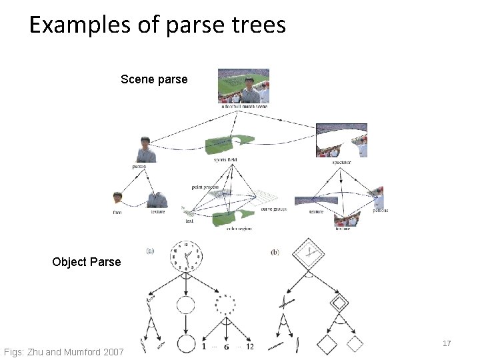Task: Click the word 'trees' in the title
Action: (x=256, y=25)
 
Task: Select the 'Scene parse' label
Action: (x=154, y=79)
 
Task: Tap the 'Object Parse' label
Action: (x=87, y=261)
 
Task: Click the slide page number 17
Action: (x=447, y=343)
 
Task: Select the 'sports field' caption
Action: (x=225, y=160)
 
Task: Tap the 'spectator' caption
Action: (x=341, y=162)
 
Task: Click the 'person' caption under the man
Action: (x=139, y=167)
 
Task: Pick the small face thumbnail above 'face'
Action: (x=118, y=199)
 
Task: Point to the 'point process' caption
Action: (x=205, y=187)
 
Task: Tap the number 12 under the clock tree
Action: (x=250, y=346)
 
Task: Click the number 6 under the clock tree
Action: (x=227, y=346)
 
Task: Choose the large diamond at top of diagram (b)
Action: (x=309, y=254)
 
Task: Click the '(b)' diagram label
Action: (x=275, y=251)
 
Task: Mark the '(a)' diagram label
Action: (x=151, y=251)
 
